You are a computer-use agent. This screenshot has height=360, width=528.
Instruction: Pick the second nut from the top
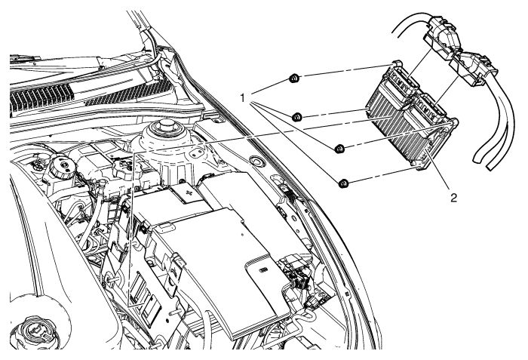tap(297, 117)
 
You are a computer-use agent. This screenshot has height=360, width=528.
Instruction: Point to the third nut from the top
tap(340, 147)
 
